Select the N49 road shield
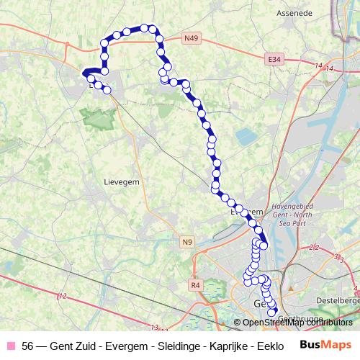click(191, 37)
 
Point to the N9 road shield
click(188, 241)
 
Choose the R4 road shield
click(194, 285)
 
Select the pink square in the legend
click(10, 345)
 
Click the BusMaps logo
click(325, 345)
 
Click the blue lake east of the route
click(246, 135)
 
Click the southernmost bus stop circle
click(272, 310)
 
